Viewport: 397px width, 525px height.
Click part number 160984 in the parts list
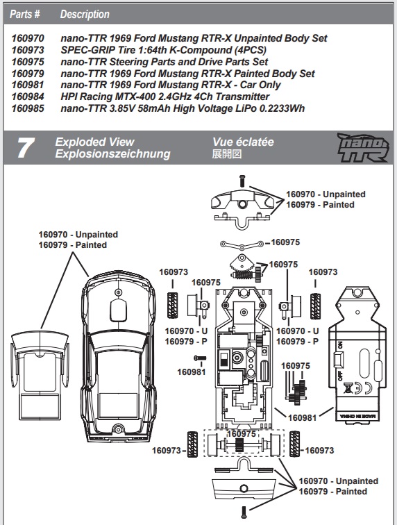tap(28, 97)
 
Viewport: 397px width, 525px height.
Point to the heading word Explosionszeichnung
tap(112, 154)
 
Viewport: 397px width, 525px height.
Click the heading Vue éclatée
tap(243, 142)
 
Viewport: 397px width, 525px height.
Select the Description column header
tap(85, 14)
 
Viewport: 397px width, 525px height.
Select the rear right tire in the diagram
tap(295, 444)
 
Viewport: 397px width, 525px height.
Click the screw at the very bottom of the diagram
tap(244, 512)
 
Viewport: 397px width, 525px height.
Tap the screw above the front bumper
tap(241, 180)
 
